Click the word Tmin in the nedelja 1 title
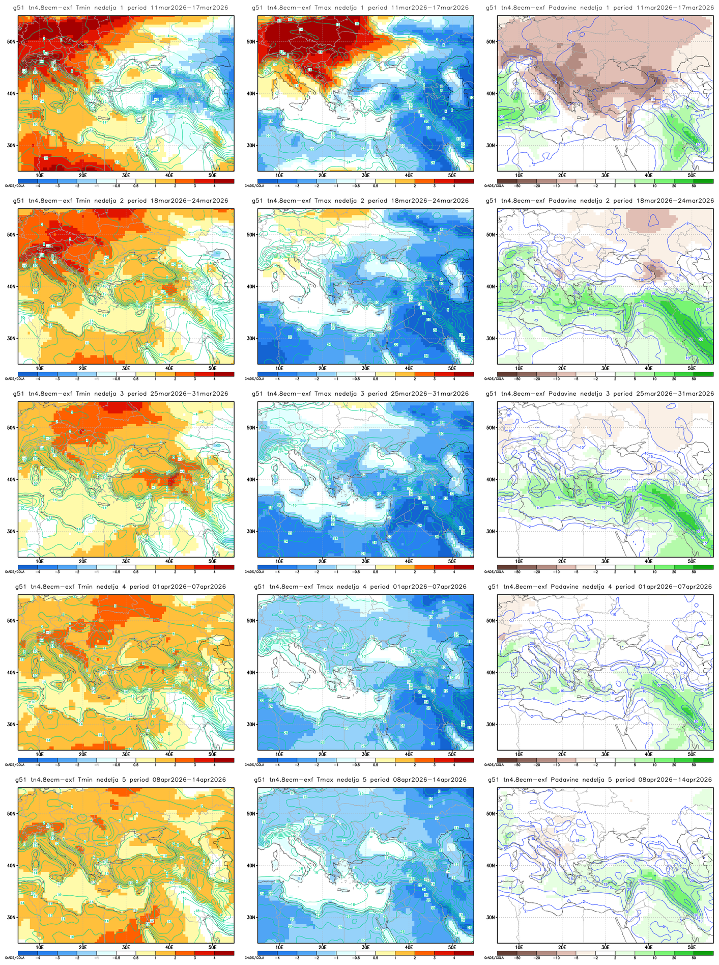pos(84,8)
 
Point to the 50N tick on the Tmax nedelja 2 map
pos(251,235)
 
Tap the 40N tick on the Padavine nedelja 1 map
pos(491,94)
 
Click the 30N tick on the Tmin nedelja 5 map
pos(11,918)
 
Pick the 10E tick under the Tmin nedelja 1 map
pos(40,175)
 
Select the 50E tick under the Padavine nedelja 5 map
pos(692,947)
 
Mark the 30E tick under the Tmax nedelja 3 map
pos(365,561)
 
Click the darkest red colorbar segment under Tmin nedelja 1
pos(224,181)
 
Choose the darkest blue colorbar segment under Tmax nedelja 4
pos(267,760)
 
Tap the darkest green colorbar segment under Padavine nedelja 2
pos(703,374)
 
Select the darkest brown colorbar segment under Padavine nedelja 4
pos(507,760)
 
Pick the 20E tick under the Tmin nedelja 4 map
pos(83,754)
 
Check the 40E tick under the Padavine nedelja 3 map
pos(648,561)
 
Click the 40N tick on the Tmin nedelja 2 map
pos(11,287)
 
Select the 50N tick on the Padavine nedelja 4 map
pos(491,621)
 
